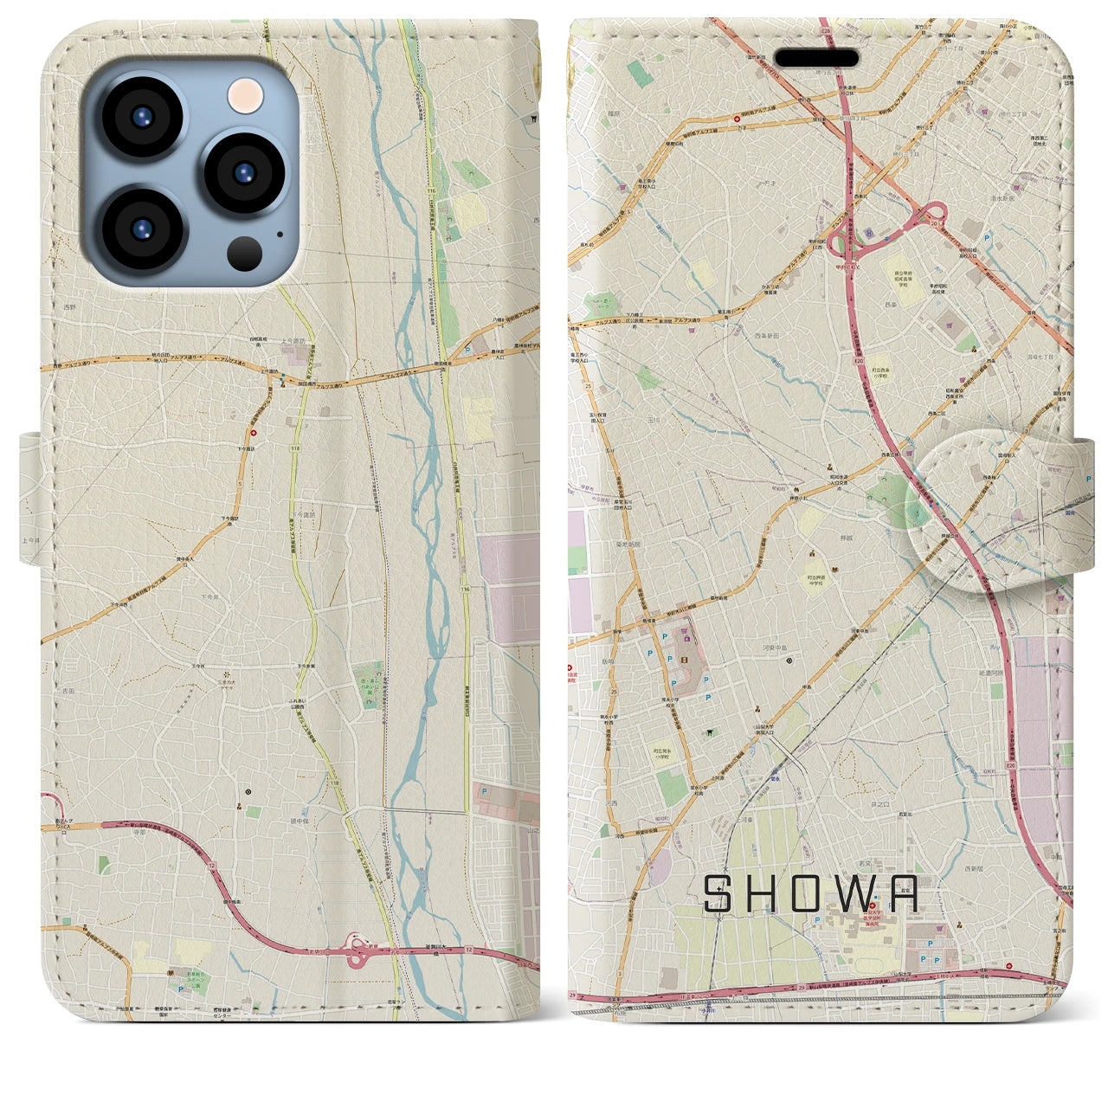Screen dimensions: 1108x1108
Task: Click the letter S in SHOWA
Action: tap(716, 894)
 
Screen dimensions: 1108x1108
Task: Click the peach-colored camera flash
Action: tap(245, 93)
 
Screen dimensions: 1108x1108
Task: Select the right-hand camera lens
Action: tap(245, 171)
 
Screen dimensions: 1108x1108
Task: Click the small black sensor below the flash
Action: tap(245, 253)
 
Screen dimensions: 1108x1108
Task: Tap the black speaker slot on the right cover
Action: tap(816, 58)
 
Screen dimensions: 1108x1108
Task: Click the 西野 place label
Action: tap(69, 307)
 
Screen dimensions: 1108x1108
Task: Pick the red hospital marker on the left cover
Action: tap(254, 434)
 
